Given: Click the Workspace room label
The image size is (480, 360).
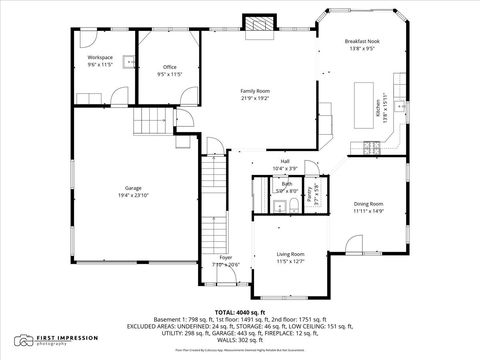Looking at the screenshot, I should pyautogui.click(x=99, y=58).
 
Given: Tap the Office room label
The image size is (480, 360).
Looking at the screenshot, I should pyautogui.click(x=169, y=67).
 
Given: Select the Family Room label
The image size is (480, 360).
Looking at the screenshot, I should pyautogui.click(x=255, y=91).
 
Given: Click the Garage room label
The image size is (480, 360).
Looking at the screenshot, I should pyautogui.click(x=133, y=188).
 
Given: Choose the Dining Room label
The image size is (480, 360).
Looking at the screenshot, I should pyautogui.click(x=368, y=204).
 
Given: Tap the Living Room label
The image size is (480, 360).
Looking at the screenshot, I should pyautogui.click(x=290, y=255).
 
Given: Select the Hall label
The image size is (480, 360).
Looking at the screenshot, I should pyautogui.click(x=285, y=161).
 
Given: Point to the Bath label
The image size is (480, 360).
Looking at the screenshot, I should pyautogui.click(x=287, y=183).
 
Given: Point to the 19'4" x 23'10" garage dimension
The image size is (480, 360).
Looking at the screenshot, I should pyautogui.click(x=133, y=195).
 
